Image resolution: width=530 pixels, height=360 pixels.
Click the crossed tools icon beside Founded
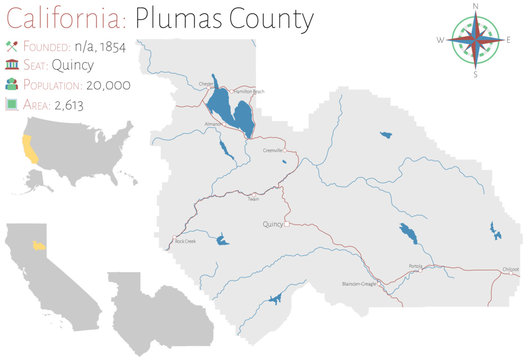[12, 45]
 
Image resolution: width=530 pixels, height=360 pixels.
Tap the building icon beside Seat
[12, 65]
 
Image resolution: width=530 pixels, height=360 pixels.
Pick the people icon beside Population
[12, 86]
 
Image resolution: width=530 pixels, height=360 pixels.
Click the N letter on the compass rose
[475, 6]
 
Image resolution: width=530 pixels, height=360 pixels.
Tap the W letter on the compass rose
[440, 41]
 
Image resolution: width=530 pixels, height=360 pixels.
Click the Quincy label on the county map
[273, 225]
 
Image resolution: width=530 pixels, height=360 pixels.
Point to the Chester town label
[207, 83]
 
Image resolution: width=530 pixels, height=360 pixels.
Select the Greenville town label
[273, 149]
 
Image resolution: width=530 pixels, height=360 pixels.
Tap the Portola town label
[416, 266]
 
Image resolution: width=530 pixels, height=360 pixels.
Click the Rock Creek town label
[185, 241]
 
